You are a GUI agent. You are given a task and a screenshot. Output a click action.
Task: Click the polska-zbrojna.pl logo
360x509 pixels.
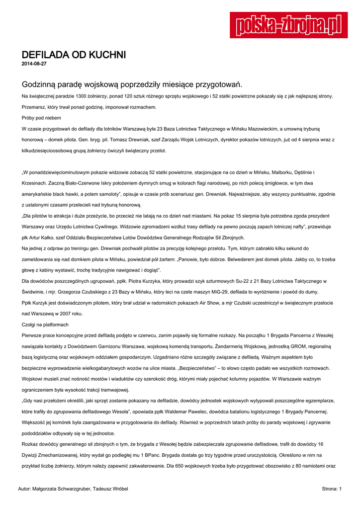pos(289,25)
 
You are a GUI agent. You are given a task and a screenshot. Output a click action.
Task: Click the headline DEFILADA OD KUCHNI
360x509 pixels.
pos(74,55)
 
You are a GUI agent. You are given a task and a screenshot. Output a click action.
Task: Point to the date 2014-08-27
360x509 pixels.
pos(34,64)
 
